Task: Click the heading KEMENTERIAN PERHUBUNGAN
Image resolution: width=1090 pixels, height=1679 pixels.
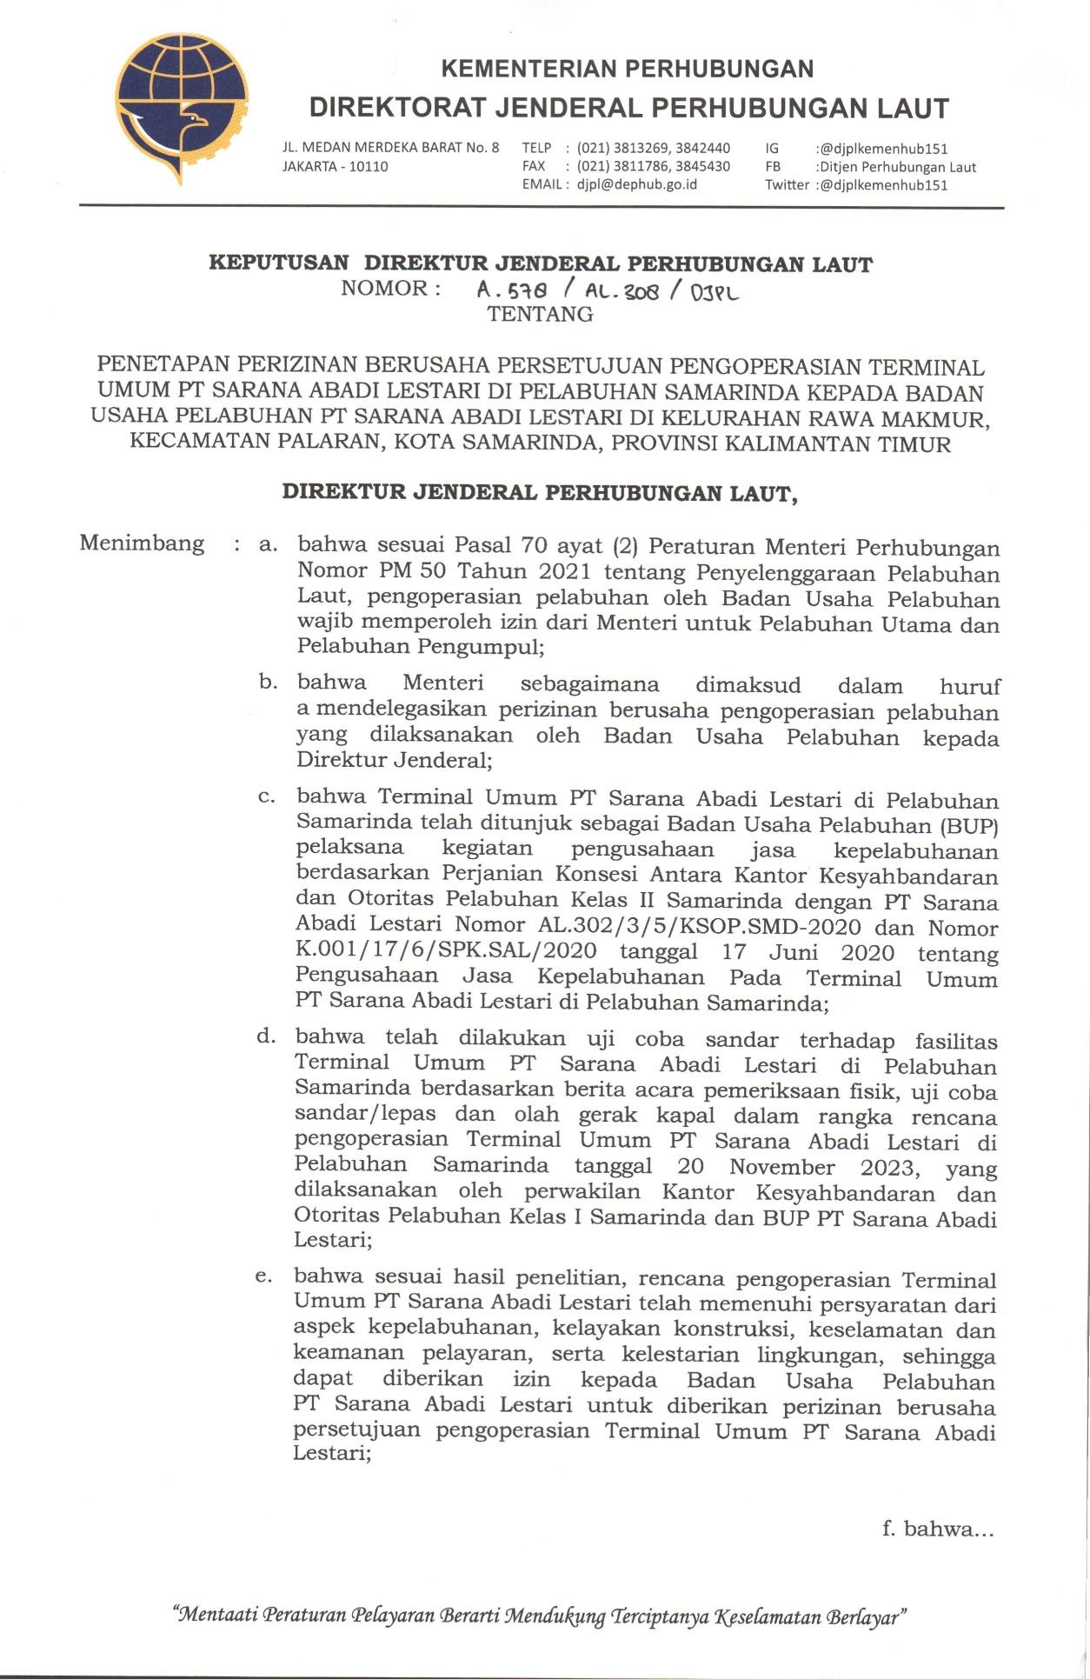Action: (628, 69)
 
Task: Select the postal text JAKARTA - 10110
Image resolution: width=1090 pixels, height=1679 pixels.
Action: (336, 166)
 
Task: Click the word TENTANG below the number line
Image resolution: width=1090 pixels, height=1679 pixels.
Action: (540, 314)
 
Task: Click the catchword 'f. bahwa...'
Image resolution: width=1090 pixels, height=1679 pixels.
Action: (937, 1529)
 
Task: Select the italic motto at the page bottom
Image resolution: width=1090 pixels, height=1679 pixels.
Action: (541, 1617)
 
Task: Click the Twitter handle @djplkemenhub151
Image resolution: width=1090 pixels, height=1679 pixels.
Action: (881, 184)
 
